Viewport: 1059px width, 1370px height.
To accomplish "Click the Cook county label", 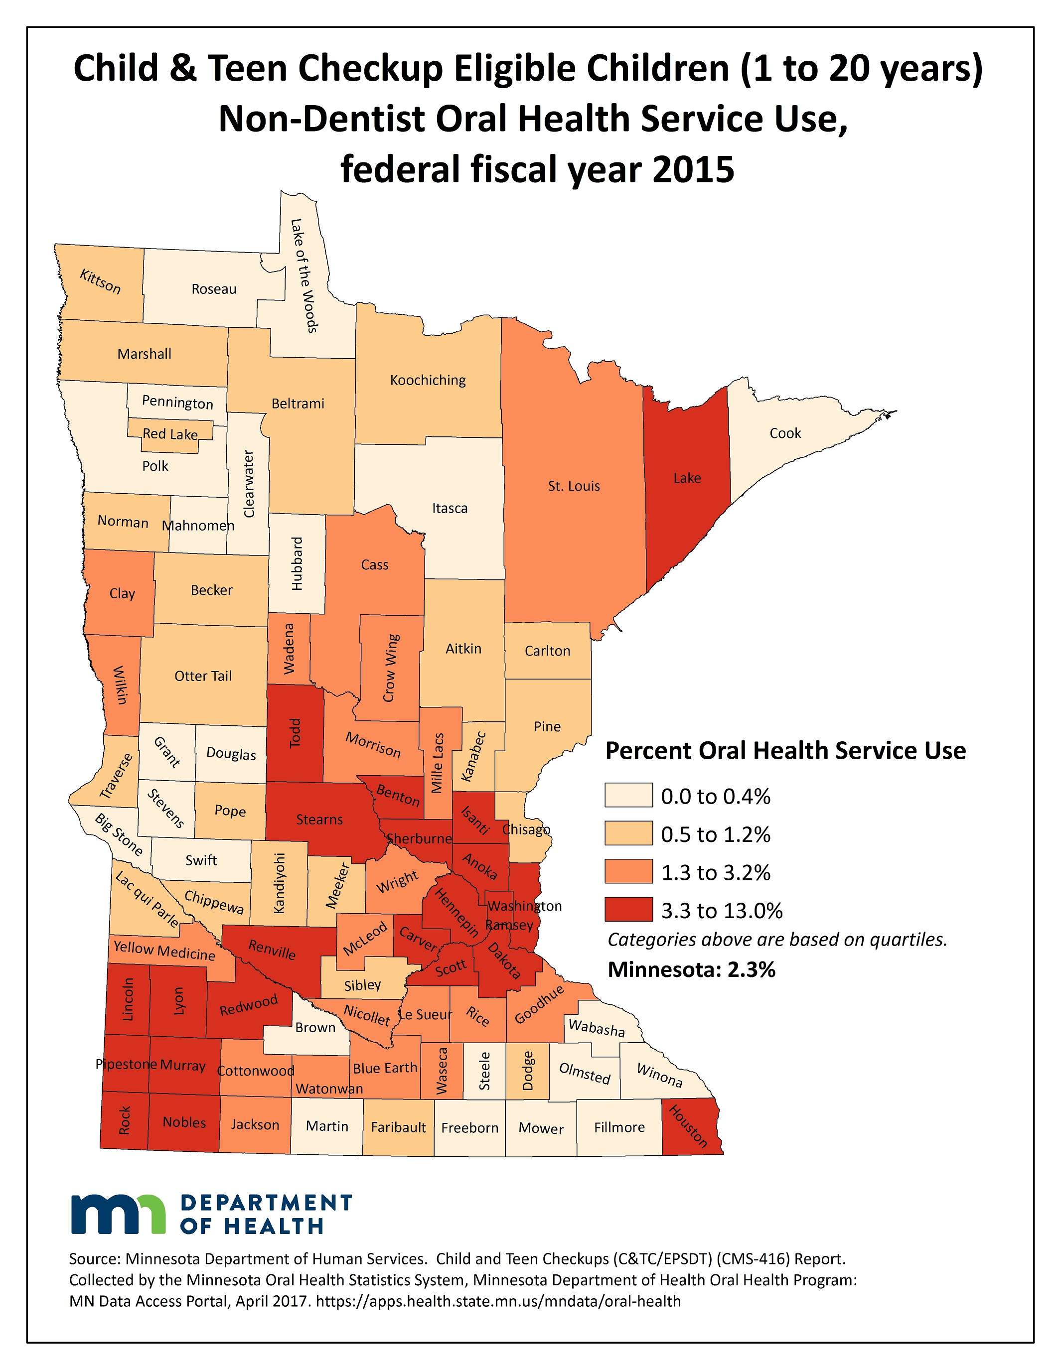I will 785,433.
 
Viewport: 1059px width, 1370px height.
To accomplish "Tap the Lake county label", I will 687,478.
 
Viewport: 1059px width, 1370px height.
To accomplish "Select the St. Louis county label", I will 574,486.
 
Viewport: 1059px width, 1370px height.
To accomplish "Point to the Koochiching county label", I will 428,380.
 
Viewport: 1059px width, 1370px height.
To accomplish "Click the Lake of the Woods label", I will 304,275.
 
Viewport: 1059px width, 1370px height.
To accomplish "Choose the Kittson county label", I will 100,281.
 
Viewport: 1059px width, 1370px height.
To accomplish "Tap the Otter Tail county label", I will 203,676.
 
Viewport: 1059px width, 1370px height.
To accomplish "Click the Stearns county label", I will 319,820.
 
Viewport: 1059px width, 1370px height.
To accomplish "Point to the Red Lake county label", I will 170,434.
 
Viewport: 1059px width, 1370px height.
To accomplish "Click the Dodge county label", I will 528,1071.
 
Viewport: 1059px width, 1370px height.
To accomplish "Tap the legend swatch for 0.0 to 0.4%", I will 628,796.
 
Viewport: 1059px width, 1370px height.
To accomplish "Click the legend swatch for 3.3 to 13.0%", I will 628,910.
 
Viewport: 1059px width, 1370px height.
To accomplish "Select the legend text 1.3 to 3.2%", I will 716,872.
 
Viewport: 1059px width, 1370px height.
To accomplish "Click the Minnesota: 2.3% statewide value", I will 691,970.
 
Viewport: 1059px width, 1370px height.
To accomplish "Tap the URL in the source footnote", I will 498,1301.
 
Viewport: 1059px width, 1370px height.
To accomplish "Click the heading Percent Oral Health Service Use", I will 785,751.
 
